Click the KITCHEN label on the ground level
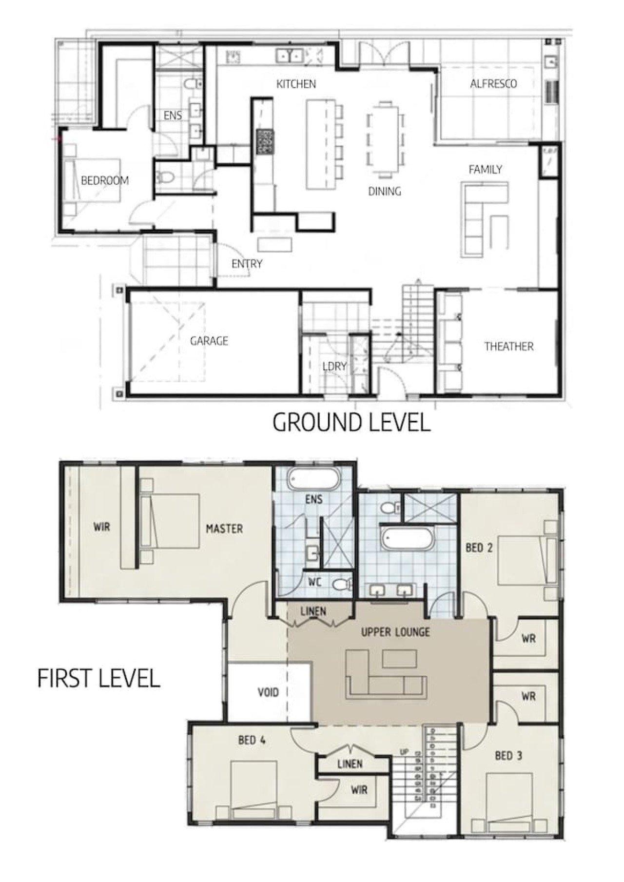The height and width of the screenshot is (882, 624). click(x=296, y=84)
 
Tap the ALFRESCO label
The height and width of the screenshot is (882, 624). click(x=493, y=84)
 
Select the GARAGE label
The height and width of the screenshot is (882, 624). click(x=209, y=341)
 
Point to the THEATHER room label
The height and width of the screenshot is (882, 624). click(x=508, y=347)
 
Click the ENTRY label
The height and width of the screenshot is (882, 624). click(x=247, y=264)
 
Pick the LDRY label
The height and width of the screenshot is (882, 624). click(x=334, y=366)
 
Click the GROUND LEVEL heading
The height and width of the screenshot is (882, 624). click(x=351, y=422)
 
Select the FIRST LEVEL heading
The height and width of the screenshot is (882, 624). click(x=99, y=678)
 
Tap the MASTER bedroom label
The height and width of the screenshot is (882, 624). click(x=224, y=529)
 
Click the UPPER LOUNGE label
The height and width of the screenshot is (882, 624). click(x=395, y=632)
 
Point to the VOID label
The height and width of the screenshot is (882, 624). click(x=268, y=692)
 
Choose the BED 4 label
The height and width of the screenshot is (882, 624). click(x=252, y=740)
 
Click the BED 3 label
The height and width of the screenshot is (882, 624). click(x=508, y=756)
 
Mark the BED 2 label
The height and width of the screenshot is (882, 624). click(x=479, y=548)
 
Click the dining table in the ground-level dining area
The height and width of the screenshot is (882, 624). click(x=386, y=139)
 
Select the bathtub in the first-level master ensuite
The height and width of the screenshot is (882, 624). click(x=313, y=479)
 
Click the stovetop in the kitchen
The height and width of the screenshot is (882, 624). click(x=266, y=142)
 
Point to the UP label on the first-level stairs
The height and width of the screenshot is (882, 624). click(x=404, y=752)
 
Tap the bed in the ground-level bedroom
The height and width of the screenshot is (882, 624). click(x=93, y=180)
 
